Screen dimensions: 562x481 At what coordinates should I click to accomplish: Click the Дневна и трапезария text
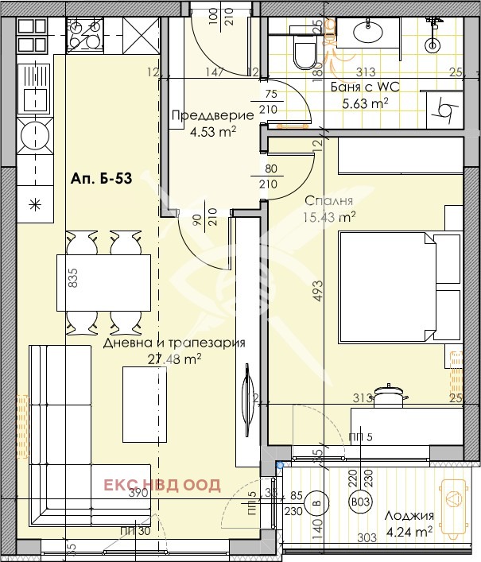click(173, 343)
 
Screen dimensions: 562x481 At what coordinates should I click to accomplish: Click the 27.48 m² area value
click(173, 359)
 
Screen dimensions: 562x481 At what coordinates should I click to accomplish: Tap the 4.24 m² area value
click(406, 531)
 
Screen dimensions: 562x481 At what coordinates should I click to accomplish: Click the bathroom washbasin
click(369, 33)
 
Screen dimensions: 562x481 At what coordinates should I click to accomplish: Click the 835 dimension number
click(73, 277)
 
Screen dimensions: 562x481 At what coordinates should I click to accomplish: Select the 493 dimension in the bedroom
click(318, 289)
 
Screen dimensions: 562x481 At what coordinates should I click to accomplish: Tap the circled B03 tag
click(360, 502)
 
